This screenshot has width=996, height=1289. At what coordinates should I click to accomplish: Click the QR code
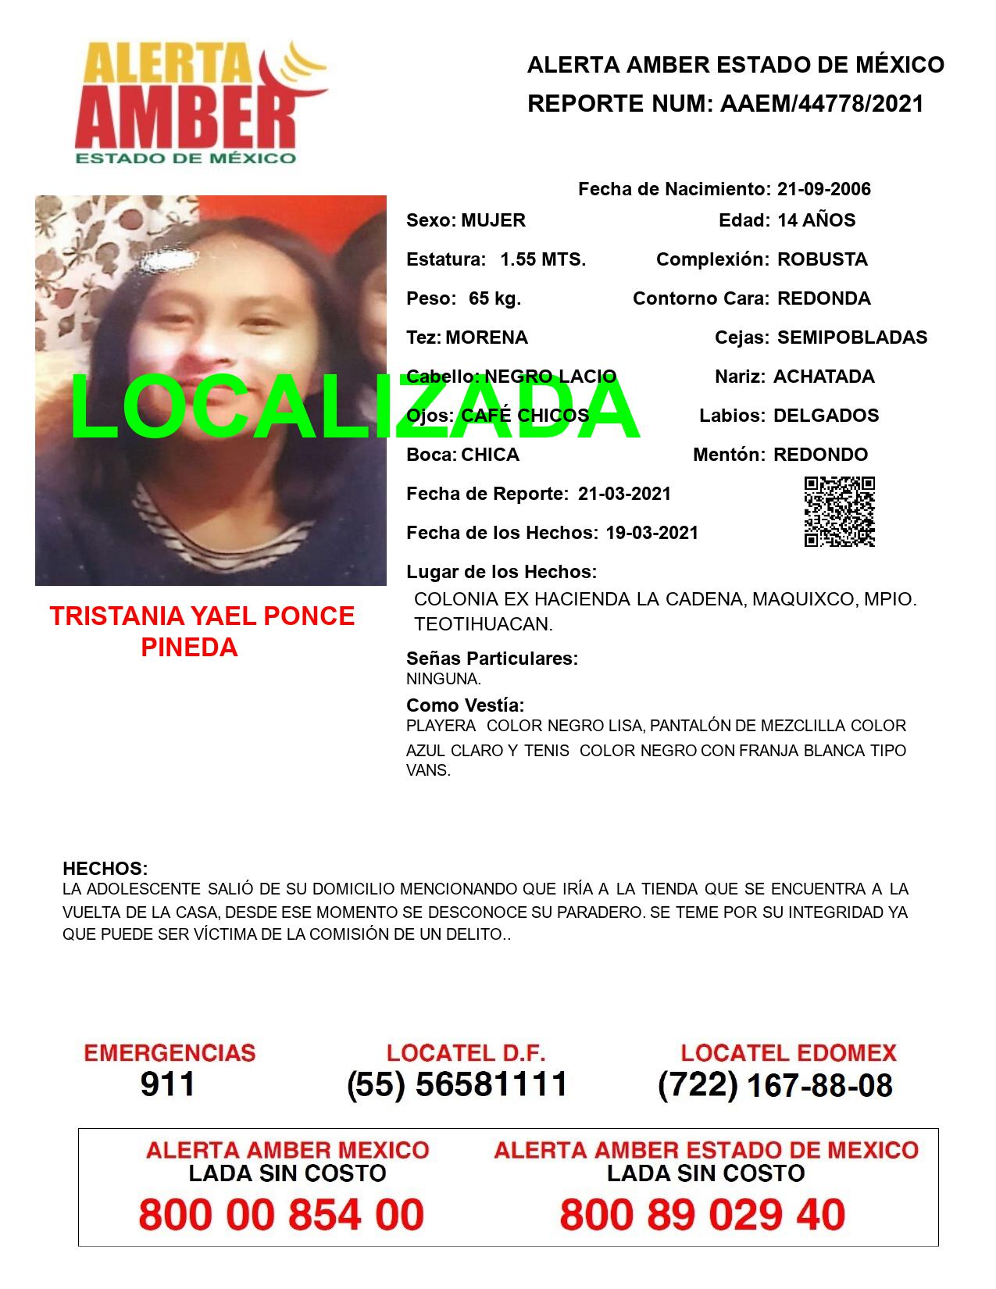point(839,512)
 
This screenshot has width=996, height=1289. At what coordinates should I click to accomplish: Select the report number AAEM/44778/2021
point(822,104)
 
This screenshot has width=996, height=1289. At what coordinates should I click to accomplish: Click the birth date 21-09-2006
point(823,189)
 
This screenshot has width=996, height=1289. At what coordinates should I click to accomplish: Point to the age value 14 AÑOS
point(816,220)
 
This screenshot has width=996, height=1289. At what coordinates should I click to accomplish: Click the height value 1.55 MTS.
point(543,259)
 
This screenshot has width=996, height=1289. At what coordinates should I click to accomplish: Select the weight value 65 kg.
point(494,298)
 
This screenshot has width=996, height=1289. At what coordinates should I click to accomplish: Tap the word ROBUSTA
point(822,259)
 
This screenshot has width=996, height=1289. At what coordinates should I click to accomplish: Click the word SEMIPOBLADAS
point(852,337)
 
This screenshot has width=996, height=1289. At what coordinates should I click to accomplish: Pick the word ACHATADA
point(823,377)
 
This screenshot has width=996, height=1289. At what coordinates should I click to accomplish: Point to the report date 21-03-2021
point(624,494)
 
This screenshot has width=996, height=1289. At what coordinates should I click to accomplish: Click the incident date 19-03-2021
point(652,533)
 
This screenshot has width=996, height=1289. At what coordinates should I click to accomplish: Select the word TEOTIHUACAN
point(483,624)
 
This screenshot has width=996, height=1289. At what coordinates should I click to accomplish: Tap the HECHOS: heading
point(105,869)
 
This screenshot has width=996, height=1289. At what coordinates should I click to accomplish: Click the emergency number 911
point(168,1084)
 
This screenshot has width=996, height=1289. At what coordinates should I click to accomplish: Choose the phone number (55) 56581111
point(457,1084)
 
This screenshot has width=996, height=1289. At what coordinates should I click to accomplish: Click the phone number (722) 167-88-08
point(775,1084)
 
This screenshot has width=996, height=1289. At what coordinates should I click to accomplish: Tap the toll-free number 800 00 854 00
point(281,1215)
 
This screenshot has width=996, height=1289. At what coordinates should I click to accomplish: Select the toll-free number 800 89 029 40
point(702,1215)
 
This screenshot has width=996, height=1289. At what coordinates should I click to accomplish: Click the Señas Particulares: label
point(492,659)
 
